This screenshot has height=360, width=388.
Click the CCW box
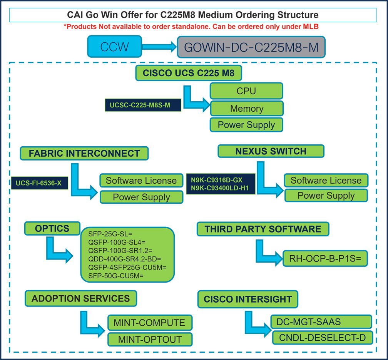(114, 47)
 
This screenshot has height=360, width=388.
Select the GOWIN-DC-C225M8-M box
(251, 47)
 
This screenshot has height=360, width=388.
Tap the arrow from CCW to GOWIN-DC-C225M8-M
(159, 47)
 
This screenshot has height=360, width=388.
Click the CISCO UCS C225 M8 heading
(188, 73)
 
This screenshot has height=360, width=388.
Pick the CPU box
(246, 91)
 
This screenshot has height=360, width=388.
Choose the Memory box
(246, 109)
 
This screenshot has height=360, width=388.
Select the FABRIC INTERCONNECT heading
(84, 153)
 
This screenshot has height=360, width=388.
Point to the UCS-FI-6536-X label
(39, 183)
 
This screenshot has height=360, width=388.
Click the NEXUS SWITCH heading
(271, 151)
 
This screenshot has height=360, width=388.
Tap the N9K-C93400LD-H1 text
(220, 188)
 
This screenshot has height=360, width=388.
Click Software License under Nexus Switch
(326, 180)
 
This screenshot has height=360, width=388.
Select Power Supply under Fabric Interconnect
(141, 197)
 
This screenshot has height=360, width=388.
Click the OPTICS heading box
(52, 228)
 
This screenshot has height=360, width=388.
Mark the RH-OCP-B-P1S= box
(325, 259)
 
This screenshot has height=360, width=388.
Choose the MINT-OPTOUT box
(150, 340)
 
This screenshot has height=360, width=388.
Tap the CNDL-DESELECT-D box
(322, 338)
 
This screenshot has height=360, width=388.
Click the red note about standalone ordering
(193, 27)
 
